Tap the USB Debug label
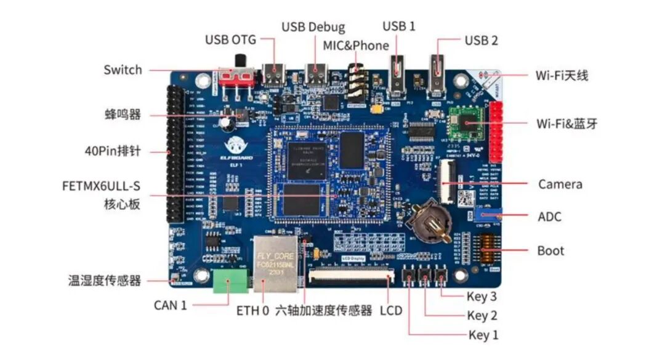coord(313,28)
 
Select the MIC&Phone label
coord(355,46)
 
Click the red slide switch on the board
coord(237,78)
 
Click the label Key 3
coord(482,297)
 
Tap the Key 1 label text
coord(483,335)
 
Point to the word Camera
coord(560,184)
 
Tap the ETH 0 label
coord(252,311)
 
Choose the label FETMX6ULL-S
coord(101,185)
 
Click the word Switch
coord(123,70)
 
